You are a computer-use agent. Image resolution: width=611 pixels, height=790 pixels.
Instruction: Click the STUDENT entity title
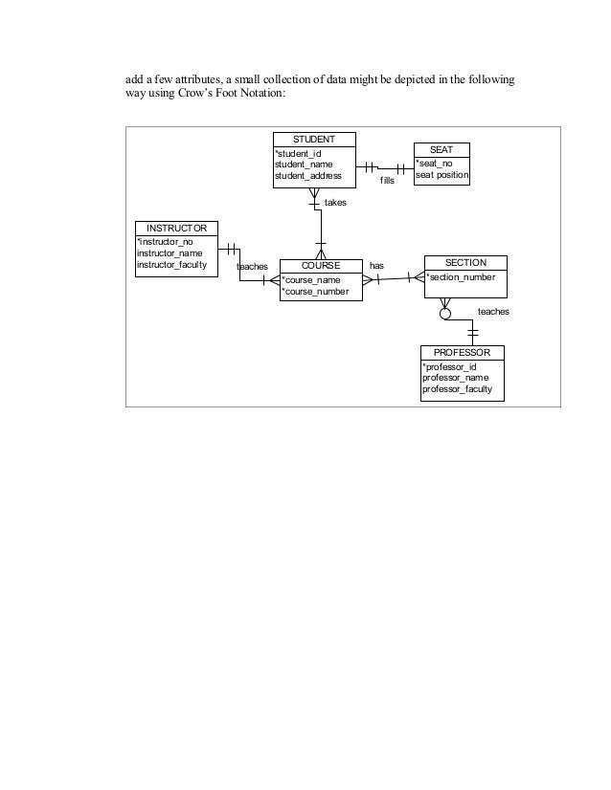[314, 139]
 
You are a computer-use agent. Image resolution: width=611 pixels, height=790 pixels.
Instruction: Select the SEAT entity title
[441, 149]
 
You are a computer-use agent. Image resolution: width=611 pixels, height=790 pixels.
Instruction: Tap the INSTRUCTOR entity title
[176, 228]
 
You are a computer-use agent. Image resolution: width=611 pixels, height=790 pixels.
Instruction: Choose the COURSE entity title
[320, 265]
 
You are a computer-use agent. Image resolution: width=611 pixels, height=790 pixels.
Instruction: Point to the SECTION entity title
[466, 262]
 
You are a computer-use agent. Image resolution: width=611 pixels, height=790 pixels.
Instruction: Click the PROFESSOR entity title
[462, 353]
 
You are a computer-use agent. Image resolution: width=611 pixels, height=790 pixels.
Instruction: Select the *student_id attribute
[300, 152]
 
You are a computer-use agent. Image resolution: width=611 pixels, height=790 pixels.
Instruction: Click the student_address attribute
[308, 175]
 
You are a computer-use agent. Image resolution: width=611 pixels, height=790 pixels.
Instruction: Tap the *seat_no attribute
[434, 164]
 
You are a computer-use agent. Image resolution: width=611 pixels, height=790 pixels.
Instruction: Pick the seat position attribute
[441, 175]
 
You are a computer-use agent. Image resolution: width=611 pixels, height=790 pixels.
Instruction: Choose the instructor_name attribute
[170, 252]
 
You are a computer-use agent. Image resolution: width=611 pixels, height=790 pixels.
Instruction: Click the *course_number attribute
[315, 291]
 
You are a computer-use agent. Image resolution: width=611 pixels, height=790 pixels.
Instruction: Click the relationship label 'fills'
[387, 180]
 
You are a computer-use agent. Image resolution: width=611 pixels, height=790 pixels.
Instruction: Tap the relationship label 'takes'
[335, 203]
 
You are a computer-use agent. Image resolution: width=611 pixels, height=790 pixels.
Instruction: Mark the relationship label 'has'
[376, 265]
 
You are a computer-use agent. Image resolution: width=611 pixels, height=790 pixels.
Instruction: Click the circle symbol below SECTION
[444, 313]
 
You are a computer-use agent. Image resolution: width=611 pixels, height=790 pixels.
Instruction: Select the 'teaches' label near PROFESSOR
[493, 312]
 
